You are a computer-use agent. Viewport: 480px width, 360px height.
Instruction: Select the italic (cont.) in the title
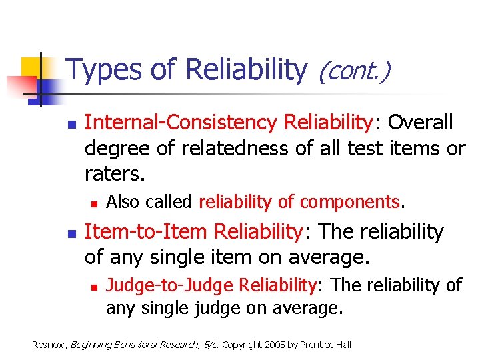pyautogui.click(x=354, y=70)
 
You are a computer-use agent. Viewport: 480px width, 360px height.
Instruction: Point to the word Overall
pyautogui.click(x=421, y=123)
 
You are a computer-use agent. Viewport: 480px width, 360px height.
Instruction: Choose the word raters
pyautogui.click(x=114, y=174)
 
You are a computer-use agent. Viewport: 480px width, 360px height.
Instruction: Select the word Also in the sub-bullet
pyautogui.click(x=125, y=201)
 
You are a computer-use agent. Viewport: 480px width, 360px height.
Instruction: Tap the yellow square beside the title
pyautogui.click(x=33, y=69)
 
